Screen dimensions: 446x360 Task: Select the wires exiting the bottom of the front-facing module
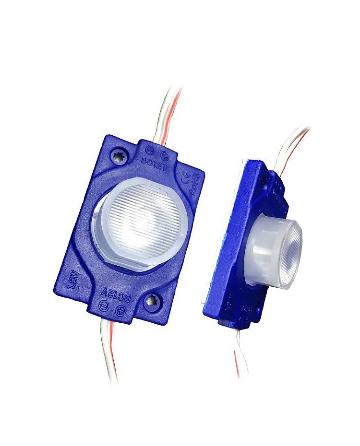108,350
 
